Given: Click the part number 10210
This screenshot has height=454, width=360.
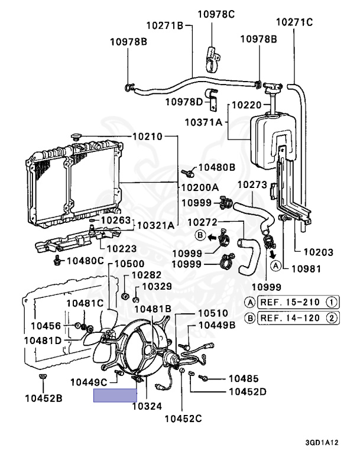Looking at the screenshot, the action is pos(147,137).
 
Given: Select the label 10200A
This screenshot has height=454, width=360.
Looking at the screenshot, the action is pos(200,187).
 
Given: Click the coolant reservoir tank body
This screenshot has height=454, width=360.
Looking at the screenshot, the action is pos(273,141).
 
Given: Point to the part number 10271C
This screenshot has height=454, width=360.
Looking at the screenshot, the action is pos(294,22).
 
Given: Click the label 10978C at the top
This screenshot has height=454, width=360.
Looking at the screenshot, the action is pos(216,14).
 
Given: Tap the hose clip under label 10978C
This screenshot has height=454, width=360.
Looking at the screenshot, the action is pos(213,59).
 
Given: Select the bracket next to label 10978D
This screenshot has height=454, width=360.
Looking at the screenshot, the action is pos(213,100).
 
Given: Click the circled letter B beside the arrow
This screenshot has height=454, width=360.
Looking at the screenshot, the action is pos(200,235).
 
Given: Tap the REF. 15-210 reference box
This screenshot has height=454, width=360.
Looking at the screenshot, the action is pos(299,303).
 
